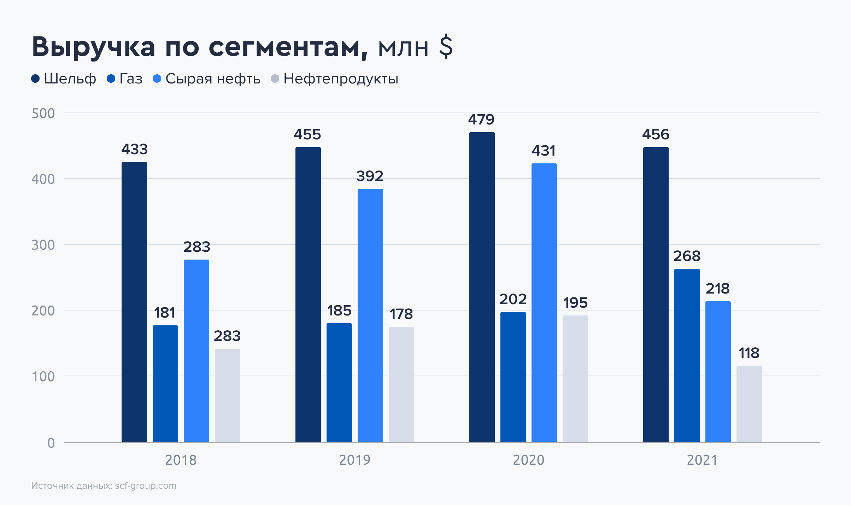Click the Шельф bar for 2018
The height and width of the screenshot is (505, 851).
[x=134, y=302]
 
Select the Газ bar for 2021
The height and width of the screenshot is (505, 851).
[x=687, y=355]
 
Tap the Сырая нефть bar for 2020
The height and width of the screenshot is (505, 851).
[x=544, y=303]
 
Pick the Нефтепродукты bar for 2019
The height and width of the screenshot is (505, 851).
[x=401, y=384]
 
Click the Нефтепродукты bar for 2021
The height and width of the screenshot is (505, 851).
[x=749, y=404]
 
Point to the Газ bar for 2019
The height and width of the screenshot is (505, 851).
[x=339, y=383]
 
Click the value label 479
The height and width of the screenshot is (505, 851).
[x=481, y=120]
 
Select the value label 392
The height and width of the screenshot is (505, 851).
[x=370, y=176]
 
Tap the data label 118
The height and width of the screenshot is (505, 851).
[x=749, y=353]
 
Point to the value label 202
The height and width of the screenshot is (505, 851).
[x=513, y=299]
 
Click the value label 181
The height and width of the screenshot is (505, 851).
[x=165, y=313]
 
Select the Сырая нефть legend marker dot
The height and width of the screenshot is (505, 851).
[x=157, y=79]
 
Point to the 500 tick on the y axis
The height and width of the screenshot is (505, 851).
[x=43, y=114]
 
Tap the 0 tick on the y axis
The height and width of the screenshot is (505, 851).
[x=51, y=443]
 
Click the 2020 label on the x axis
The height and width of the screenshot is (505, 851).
[x=528, y=460]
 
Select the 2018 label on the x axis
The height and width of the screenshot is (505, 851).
[x=181, y=460]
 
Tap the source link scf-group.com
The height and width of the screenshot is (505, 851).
[x=146, y=486]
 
